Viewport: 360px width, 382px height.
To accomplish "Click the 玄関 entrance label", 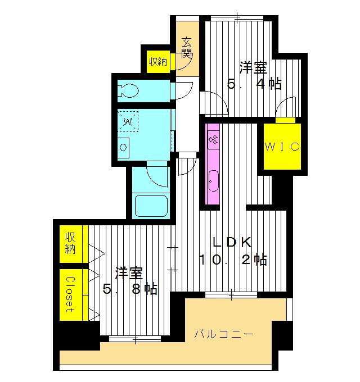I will point(187,48).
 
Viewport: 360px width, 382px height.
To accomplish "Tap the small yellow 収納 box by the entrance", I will point(157,61).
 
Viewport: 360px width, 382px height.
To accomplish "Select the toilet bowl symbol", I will point(129,90).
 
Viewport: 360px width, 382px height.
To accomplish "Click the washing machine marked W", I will point(128,121).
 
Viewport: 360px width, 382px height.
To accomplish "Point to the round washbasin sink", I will point(123,148).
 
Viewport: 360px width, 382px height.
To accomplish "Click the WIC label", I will point(281,146).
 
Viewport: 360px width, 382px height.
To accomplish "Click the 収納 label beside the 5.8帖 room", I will point(70,243).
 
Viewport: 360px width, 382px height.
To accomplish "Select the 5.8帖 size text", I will point(130,289).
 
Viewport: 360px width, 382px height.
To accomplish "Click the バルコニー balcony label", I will point(224,334).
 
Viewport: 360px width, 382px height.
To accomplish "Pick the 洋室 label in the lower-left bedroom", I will point(129,273).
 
